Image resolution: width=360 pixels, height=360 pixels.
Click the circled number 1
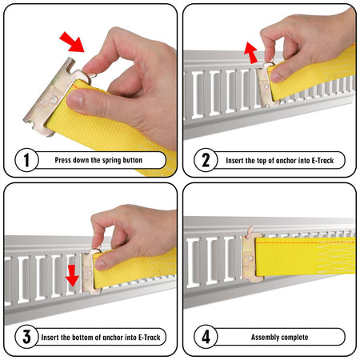26,160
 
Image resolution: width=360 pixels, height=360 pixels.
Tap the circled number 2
206,160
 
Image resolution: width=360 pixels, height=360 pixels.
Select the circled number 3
26,337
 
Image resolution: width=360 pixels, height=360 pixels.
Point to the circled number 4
206,337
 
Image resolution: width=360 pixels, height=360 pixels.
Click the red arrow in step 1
72,42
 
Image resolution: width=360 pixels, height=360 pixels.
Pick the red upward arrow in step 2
251,53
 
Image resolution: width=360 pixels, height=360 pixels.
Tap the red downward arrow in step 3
72,275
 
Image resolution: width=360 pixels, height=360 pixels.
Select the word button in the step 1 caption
132,160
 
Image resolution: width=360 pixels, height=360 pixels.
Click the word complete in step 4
294,338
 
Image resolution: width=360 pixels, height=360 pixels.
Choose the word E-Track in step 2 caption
322,161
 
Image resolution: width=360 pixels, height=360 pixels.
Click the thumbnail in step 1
75,99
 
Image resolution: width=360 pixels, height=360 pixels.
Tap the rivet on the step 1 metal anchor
54,100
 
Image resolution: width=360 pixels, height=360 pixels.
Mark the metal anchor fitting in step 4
252,255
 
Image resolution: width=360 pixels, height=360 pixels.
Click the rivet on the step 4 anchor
250,258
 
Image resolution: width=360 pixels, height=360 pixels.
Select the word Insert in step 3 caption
50,338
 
